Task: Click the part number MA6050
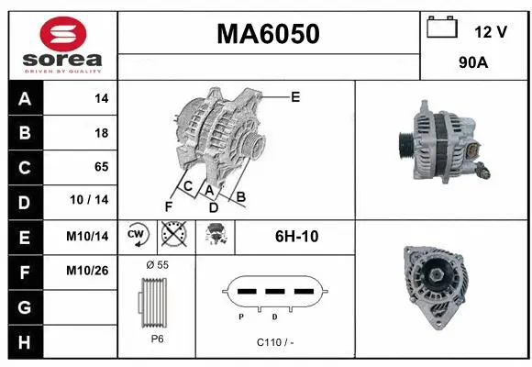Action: tap(268, 34)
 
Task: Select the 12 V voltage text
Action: tap(491, 32)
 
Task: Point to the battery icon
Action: tap(442, 28)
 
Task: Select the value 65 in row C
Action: tap(101, 167)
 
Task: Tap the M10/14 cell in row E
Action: tap(88, 236)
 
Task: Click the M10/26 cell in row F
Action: tap(88, 271)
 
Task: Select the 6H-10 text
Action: tap(297, 236)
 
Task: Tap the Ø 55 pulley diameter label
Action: tap(157, 264)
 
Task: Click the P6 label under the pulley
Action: tap(157, 338)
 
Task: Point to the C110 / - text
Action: tap(275, 342)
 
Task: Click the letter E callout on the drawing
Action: tap(295, 96)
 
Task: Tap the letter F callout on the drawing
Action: tap(169, 205)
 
